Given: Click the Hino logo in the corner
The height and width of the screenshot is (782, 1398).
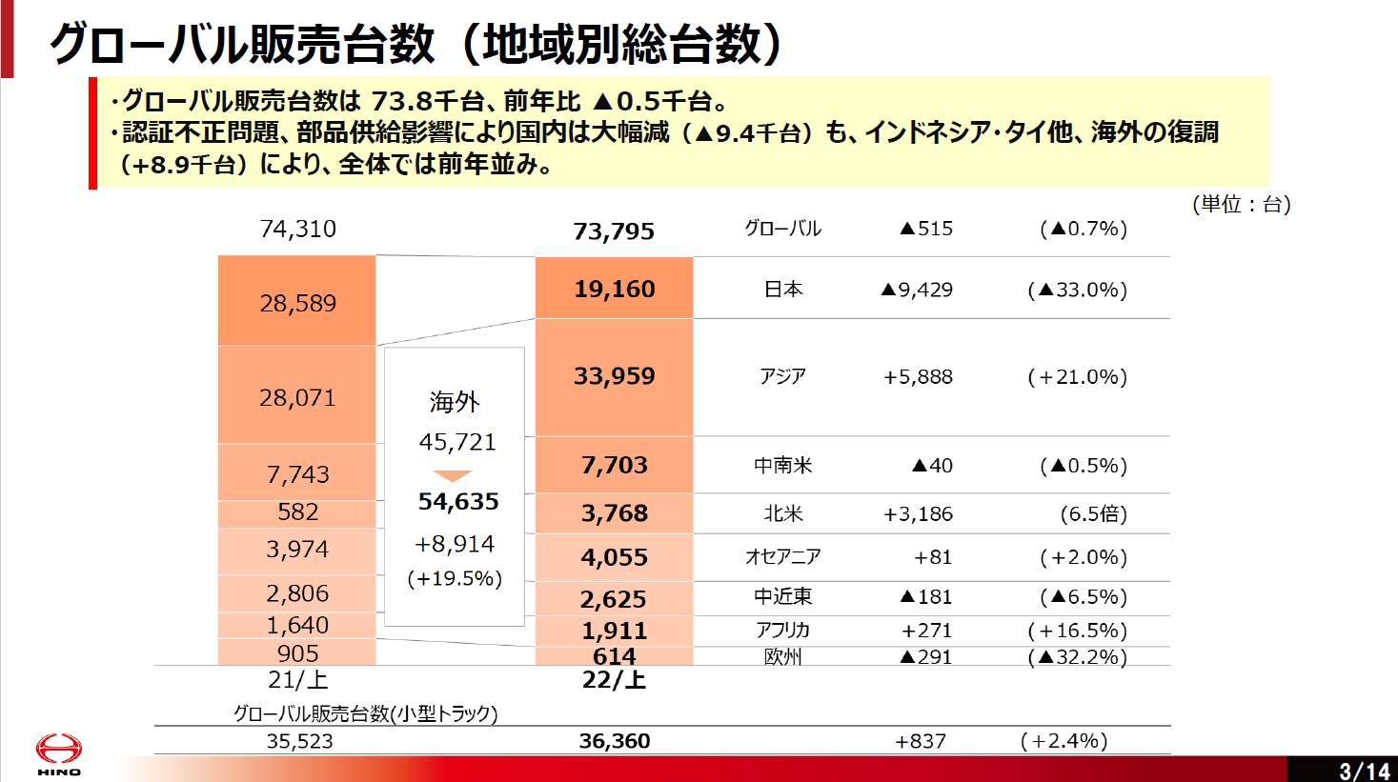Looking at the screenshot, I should pyautogui.click(x=59, y=752).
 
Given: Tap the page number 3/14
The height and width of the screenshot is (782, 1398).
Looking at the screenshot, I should pyautogui.click(x=1364, y=770).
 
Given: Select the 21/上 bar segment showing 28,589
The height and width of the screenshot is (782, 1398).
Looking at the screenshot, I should pyautogui.click(x=297, y=302).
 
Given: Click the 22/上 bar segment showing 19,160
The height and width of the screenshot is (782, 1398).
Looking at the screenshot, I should pyautogui.click(x=614, y=289).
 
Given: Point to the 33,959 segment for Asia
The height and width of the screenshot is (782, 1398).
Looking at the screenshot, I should pyautogui.click(x=614, y=376).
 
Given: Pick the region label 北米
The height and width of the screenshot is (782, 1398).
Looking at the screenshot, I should pyautogui.click(x=782, y=513).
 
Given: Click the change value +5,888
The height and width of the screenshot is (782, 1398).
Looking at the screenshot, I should pyautogui.click(x=918, y=376).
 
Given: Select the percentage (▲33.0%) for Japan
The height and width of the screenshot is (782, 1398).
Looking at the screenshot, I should pyautogui.click(x=1077, y=290).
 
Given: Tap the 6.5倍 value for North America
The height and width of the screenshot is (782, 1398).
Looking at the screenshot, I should pyautogui.click(x=1093, y=514).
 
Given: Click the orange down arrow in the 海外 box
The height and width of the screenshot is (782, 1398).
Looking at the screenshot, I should pyautogui.click(x=453, y=475).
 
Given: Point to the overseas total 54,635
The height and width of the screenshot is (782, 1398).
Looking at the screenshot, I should pyautogui.click(x=458, y=501).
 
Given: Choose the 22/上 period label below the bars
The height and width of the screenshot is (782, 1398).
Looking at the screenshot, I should pyautogui.click(x=614, y=680).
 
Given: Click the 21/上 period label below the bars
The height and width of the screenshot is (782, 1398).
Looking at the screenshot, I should pyautogui.click(x=297, y=680).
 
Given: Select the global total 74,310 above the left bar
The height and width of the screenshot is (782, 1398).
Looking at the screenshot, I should pyautogui.click(x=297, y=229).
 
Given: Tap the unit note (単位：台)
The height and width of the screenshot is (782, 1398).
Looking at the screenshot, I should pyautogui.click(x=1241, y=204).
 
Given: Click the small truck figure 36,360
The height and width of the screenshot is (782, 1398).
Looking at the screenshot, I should pyautogui.click(x=614, y=741).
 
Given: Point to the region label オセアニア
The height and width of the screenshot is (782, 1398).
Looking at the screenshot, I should pyautogui.click(x=782, y=556).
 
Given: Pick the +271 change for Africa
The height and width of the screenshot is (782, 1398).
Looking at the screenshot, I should pyautogui.click(x=926, y=631).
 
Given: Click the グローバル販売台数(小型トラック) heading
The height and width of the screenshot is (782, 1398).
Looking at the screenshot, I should pyautogui.click(x=366, y=713).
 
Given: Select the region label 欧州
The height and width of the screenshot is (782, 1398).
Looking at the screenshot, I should pyautogui.click(x=782, y=656).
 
